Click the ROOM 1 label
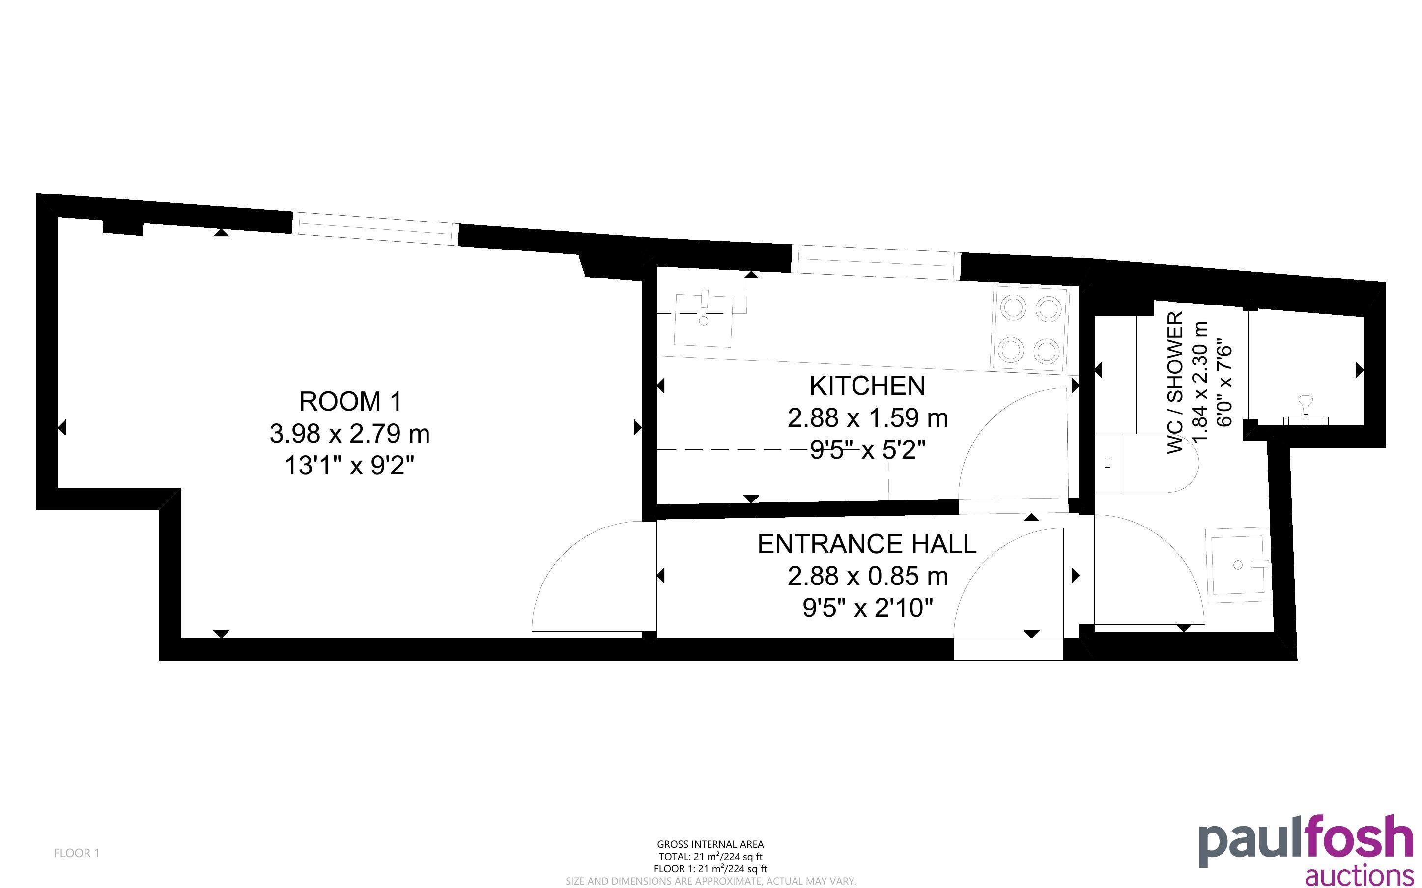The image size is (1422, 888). [x=351, y=402]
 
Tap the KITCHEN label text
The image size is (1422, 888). [x=868, y=386]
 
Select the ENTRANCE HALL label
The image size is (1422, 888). [x=867, y=544]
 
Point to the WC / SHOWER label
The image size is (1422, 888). [x=1175, y=382]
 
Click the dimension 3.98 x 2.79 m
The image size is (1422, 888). [x=350, y=434]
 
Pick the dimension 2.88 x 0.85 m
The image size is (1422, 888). [x=868, y=576]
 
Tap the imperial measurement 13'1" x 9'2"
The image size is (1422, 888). [x=350, y=466]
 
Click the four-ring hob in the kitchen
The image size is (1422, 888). [x=1030, y=330]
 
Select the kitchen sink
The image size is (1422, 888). [x=704, y=320]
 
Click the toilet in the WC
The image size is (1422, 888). [x=1145, y=463]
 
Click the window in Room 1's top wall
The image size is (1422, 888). [x=375, y=228]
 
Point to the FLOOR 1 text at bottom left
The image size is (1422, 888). [x=77, y=853]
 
